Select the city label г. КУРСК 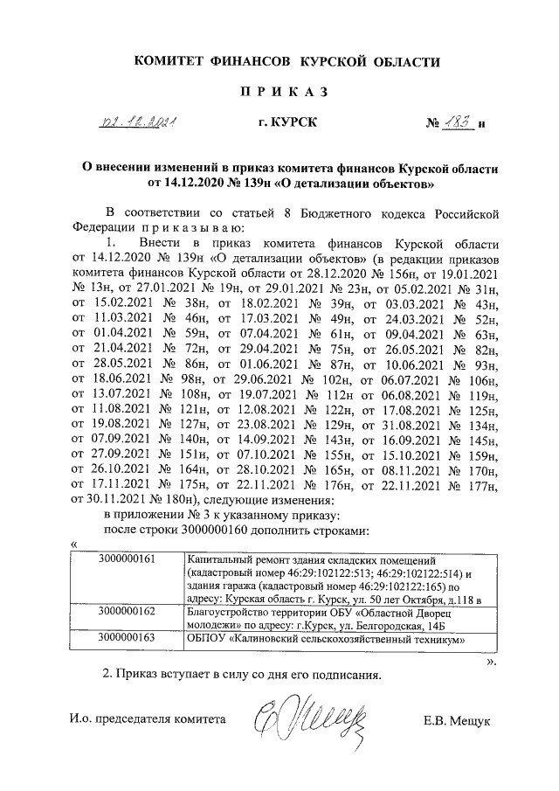pyautogui.click(x=287, y=125)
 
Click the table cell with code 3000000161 pyautogui.click(x=128, y=559)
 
